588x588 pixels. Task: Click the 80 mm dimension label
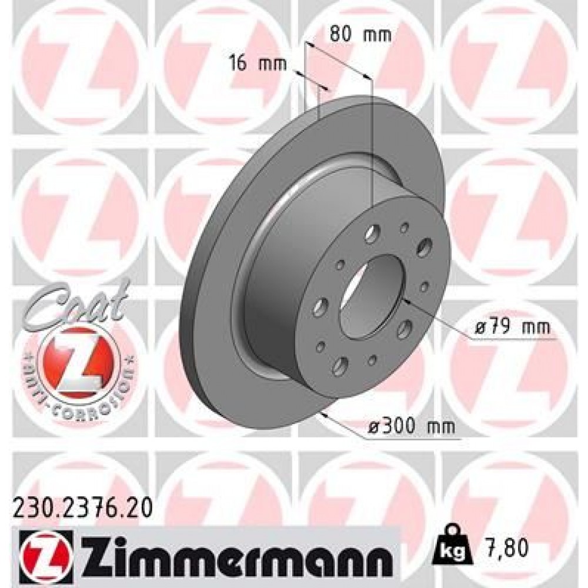click(x=352, y=34)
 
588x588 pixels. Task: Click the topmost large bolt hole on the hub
click(x=371, y=236)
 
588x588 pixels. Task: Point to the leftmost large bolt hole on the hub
click(x=320, y=306)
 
